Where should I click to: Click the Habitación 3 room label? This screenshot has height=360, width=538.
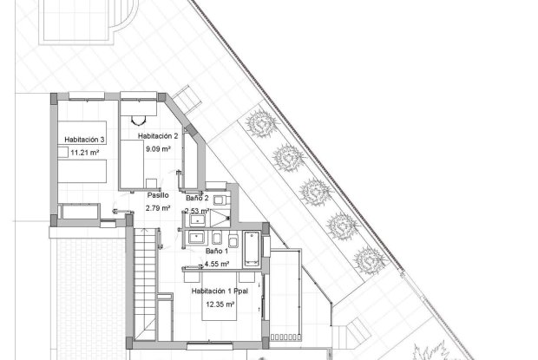click(84, 139)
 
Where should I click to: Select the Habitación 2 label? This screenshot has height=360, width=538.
click(158, 136)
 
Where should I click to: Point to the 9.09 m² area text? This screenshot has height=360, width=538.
click(158, 149)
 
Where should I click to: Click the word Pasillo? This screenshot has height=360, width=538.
click(158, 195)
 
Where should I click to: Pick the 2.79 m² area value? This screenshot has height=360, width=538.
click(158, 208)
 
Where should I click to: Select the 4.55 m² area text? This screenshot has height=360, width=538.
click(216, 264)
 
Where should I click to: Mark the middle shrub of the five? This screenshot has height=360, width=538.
click(313, 190)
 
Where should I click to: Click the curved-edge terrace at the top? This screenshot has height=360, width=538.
click(83, 22)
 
